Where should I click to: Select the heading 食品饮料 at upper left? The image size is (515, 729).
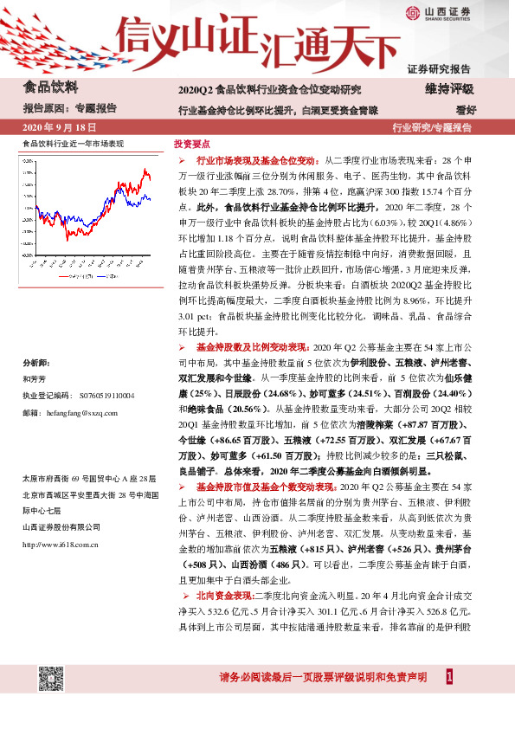pyautogui.click(x=50, y=87)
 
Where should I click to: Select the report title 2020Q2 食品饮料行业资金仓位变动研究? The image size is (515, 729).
pyautogui.click(x=269, y=89)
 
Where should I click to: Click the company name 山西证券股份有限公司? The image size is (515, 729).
pyautogui.click(x=65, y=526)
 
